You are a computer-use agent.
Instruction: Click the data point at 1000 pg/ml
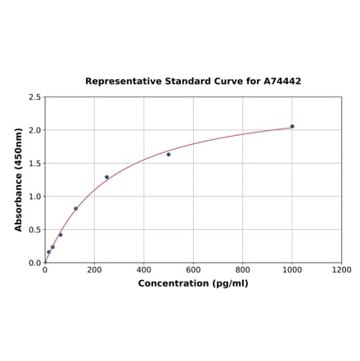click(x=292, y=126)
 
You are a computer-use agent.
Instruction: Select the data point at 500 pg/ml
click(x=169, y=154)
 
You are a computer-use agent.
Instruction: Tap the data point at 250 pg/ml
click(x=106, y=177)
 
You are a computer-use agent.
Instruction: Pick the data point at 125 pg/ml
click(x=76, y=208)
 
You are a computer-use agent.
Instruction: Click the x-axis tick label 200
click(x=94, y=269)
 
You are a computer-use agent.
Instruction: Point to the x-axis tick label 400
click(x=144, y=269)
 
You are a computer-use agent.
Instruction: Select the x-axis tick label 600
click(x=193, y=269)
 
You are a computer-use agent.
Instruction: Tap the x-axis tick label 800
click(x=243, y=269)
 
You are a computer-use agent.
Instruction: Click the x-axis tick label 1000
click(x=292, y=269)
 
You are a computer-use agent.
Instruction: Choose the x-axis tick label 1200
click(x=342, y=269)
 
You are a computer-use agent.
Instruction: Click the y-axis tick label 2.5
click(x=34, y=97)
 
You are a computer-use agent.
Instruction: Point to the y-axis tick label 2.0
click(x=34, y=130)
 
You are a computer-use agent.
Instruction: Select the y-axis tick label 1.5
click(x=34, y=164)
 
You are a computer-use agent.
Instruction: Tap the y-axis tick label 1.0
click(x=34, y=196)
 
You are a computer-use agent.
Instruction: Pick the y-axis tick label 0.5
click(x=34, y=230)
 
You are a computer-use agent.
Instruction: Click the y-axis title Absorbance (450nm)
click(x=19, y=179)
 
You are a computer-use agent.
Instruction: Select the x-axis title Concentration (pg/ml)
click(x=193, y=283)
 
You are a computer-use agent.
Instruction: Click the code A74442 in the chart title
click(x=282, y=81)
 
